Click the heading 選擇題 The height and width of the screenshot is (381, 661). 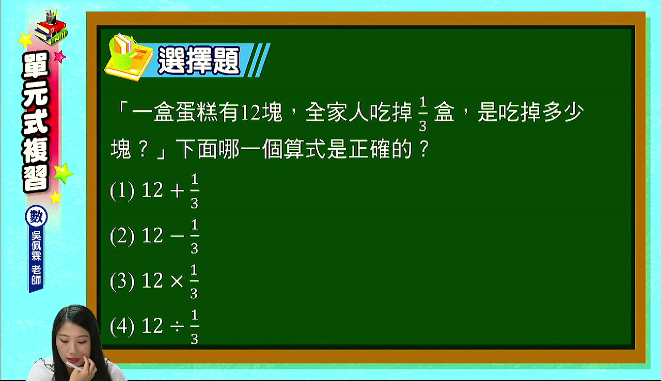click(199, 60)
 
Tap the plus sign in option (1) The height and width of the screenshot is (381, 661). click(177, 191)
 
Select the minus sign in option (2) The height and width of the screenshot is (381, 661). click(177, 236)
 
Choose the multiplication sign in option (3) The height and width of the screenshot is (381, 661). click(177, 281)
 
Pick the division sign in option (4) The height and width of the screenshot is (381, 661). click(177, 326)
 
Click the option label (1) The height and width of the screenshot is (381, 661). click(122, 191)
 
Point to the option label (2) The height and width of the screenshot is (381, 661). click(122, 236)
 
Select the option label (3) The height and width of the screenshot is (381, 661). click(122, 281)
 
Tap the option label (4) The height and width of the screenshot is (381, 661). click(122, 326)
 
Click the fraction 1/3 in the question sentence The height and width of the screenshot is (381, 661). click(423, 114)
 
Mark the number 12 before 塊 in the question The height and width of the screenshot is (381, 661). click(251, 113)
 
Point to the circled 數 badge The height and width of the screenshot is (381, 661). click(36, 216)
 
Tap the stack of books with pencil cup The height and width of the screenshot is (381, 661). click(51, 27)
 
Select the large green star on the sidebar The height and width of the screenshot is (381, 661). click(63, 173)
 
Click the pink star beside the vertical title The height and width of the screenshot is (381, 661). click(59, 56)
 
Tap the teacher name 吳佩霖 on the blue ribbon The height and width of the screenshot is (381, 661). click(36, 246)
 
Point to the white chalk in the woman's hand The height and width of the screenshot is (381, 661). click(75, 366)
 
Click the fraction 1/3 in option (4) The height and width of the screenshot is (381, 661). click(195, 327)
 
